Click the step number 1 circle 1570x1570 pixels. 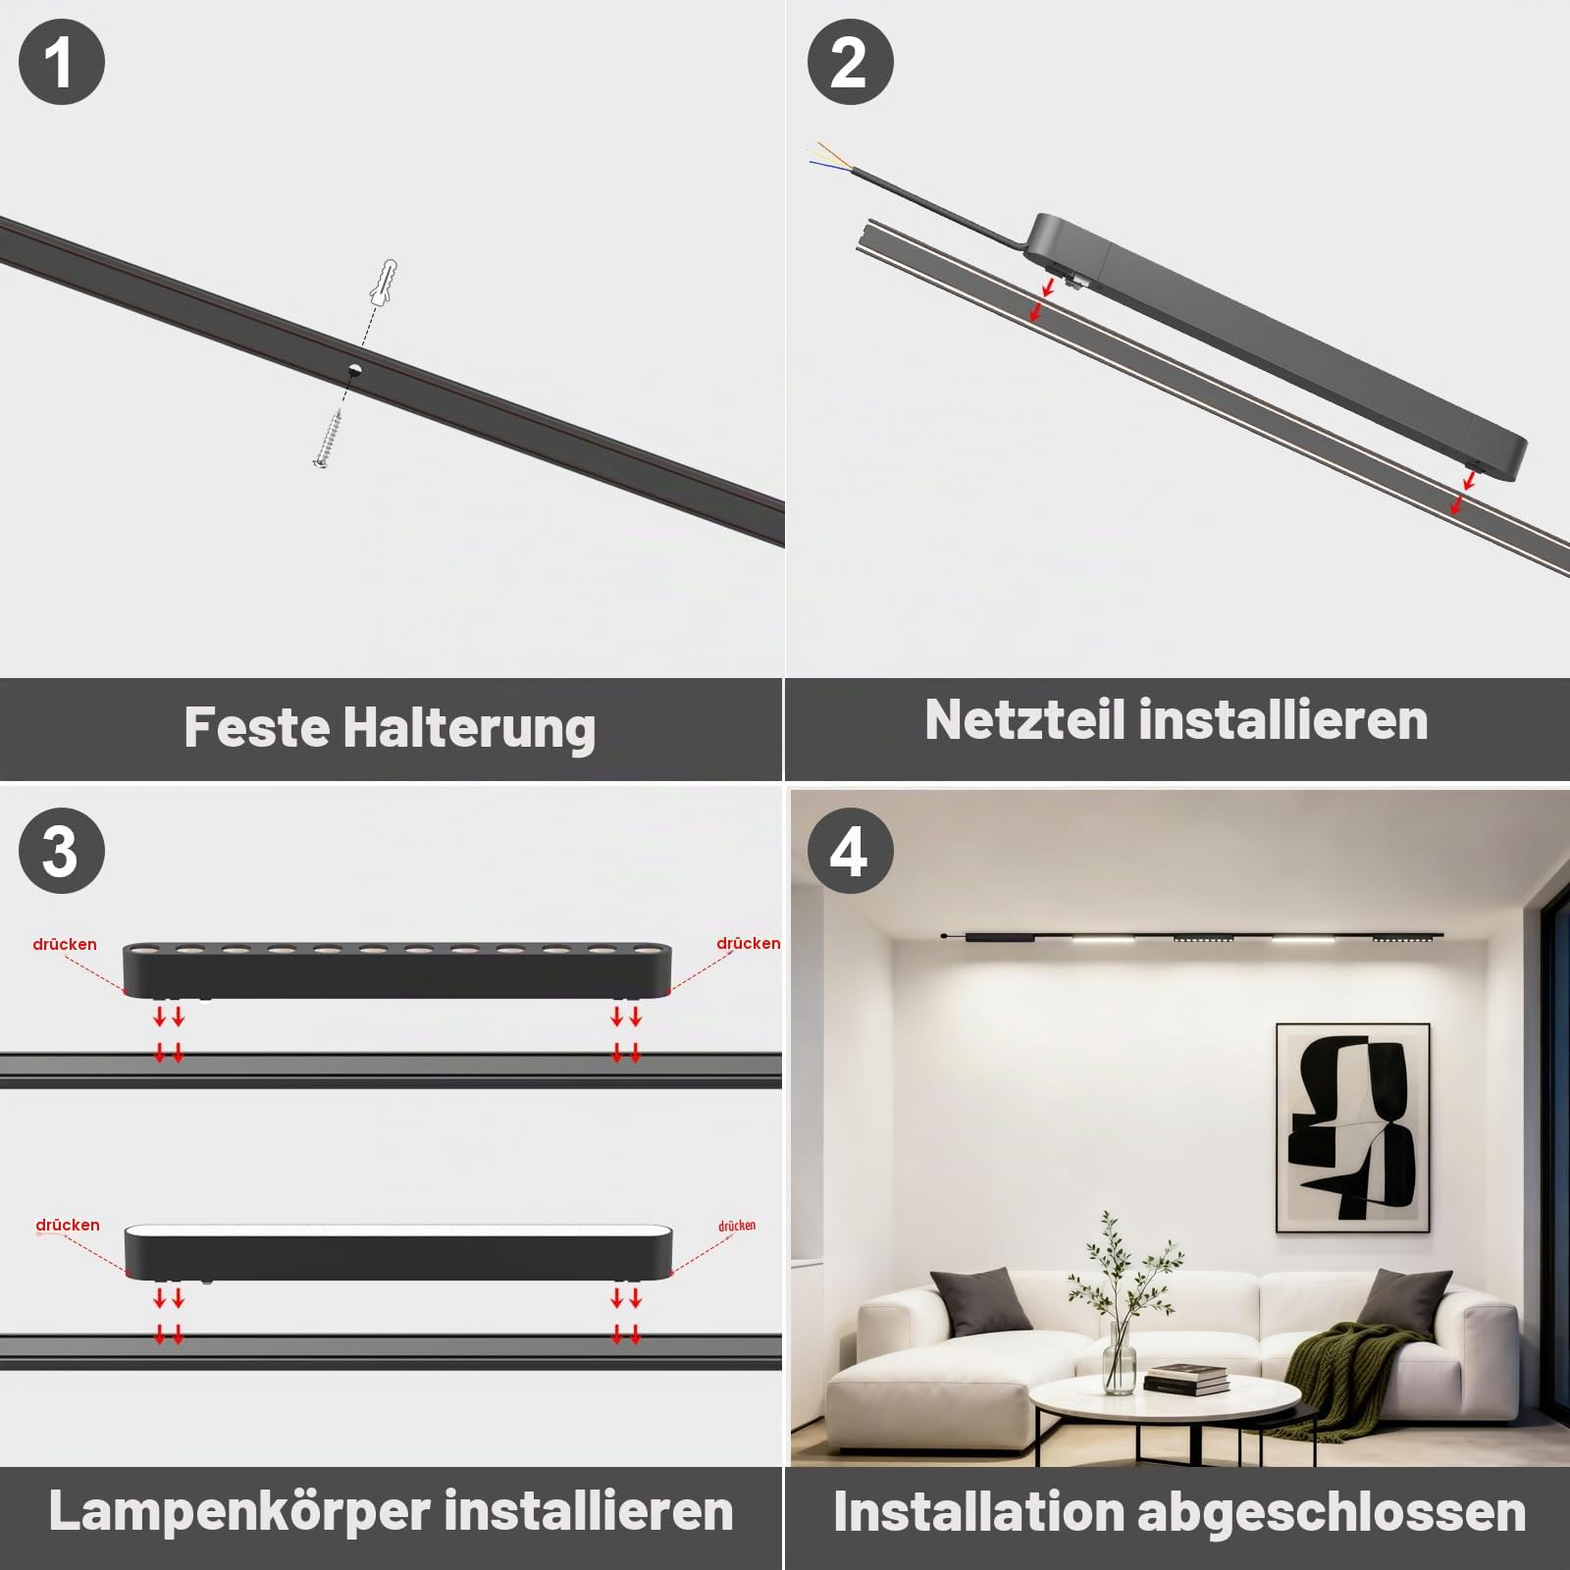pos(62,62)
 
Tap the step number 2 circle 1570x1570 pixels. pos(850,62)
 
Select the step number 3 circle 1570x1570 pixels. pos(62,851)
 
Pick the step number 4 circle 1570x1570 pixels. pos(850,851)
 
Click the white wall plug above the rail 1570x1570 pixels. pos(384,282)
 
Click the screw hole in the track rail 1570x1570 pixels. pos(354,370)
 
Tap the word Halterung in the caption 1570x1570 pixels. pos(469,728)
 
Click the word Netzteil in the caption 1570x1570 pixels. pos(1023,719)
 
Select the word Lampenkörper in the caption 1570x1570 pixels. pos(239,1511)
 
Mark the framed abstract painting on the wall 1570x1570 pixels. pos(1352,1126)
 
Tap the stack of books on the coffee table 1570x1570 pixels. pos(1185,1378)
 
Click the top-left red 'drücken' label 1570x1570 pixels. pos(65,944)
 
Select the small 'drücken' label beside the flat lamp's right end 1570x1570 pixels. pos(737,1226)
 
